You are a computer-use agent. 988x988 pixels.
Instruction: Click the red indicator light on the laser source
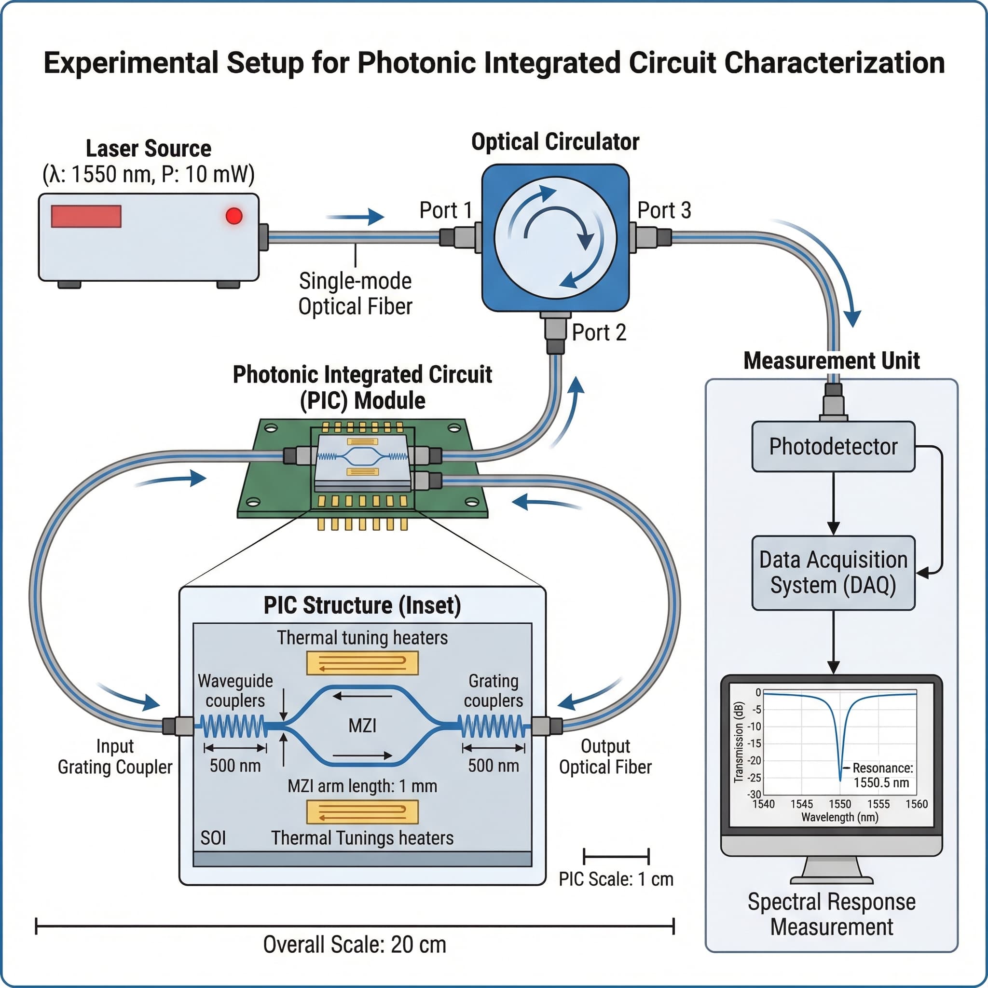233,216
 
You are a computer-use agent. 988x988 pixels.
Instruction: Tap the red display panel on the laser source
86,216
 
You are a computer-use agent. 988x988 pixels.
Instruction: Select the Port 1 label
445,210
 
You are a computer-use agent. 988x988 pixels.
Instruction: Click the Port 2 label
599,332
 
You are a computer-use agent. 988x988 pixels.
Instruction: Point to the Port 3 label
664,210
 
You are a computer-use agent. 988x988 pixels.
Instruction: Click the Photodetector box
833,446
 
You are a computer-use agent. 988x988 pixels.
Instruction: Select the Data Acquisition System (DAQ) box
833,573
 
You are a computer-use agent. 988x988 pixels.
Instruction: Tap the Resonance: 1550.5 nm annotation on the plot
882,775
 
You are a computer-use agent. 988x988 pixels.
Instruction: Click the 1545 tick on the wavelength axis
801,804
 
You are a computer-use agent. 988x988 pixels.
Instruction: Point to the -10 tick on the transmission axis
755,726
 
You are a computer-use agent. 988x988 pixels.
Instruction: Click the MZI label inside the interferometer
362,725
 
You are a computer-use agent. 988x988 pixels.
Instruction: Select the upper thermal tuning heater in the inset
362,663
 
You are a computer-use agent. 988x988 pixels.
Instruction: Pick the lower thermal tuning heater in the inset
362,812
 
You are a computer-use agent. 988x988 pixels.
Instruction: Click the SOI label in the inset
213,837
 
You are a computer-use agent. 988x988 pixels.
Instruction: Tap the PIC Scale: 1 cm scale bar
616,855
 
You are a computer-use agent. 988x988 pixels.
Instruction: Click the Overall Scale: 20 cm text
355,945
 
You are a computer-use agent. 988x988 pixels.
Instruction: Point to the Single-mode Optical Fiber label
355,293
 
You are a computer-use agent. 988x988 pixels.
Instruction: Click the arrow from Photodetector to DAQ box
833,503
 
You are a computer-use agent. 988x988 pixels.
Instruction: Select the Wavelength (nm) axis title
840,817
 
